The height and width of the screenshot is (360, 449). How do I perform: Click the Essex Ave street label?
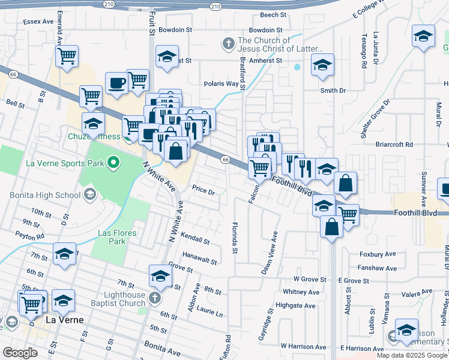coord(40,21)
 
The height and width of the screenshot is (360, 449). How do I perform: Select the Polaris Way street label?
coord(221,84)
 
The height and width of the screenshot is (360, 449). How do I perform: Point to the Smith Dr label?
coord(333,91)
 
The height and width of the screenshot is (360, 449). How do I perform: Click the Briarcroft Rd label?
coord(394,145)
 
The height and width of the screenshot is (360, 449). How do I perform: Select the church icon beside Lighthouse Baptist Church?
coord(155,298)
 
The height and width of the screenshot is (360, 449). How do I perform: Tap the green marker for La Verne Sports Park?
coord(112,163)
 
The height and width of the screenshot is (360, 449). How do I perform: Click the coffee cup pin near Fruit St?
coord(116,83)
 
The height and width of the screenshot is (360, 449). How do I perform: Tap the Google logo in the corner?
coord(20,353)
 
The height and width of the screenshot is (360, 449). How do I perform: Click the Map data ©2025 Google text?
coord(412,355)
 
